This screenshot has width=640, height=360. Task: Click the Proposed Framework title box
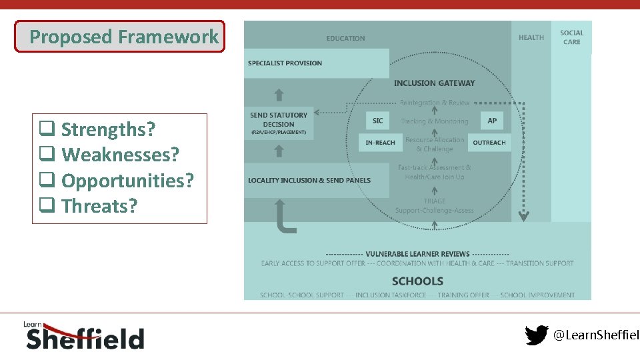point(120,37)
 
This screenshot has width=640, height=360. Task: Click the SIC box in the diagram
point(377,121)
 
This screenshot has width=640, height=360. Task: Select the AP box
point(492,121)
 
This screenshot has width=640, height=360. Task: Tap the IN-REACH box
point(380,143)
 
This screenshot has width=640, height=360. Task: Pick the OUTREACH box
point(489,143)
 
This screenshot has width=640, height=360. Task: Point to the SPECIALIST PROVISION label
point(285,63)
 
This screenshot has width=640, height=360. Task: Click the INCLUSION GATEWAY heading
point(434,83)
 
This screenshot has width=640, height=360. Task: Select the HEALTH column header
point(531,38)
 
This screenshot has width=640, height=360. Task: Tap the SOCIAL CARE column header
point(571,37)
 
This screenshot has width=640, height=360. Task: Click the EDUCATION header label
point(345,39)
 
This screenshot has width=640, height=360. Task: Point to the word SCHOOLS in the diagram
point(417,281)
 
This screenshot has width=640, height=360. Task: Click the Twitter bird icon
point(536,335)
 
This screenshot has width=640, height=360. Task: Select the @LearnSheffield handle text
point(596,336)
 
